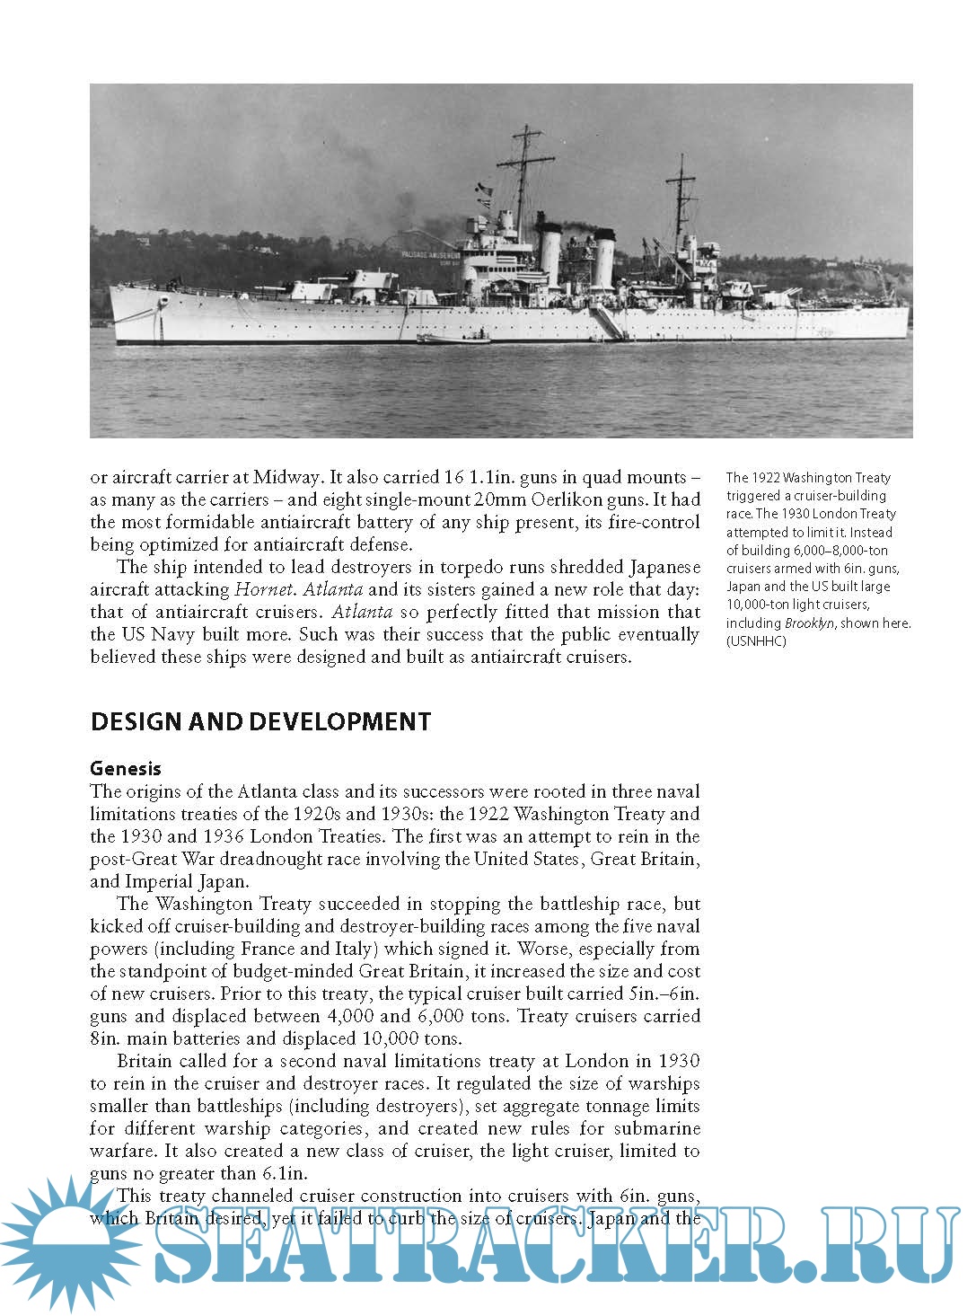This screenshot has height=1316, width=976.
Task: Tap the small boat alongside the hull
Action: coord(454,339)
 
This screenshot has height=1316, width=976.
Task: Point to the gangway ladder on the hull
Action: coord(608,322)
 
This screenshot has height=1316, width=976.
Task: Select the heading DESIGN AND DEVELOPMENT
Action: coord(260,722)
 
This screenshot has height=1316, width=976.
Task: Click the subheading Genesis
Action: coord(126,768)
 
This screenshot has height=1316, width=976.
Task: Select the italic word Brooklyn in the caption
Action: coord(809,623)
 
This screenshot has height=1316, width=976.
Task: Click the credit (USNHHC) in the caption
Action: coord(756,640)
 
